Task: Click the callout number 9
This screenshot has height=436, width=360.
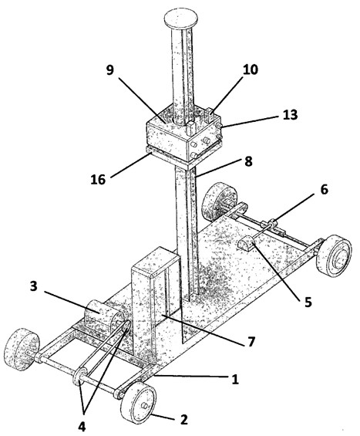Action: coord(110,70)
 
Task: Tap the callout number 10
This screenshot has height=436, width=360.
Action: coord(251,69)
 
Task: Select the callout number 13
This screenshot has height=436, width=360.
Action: coord(291,115)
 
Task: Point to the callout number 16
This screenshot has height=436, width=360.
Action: coord(98,179)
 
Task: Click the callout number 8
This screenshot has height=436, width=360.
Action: coord(248,161)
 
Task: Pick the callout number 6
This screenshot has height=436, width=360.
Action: coord(325,190)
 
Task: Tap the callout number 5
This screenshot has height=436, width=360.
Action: coord(308,302)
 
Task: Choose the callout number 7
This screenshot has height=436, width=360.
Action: coord(251,342)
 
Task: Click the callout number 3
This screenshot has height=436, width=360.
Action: coord(34,286)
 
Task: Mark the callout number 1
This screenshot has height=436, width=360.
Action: coord(235,379)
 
